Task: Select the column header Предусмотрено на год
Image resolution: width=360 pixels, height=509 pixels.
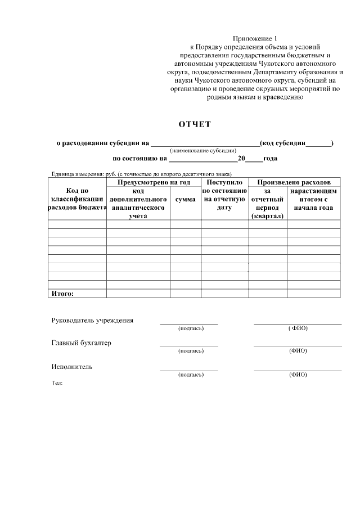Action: [x=154, y=183]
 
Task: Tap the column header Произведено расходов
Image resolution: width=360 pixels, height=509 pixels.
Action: [x=298, y=183]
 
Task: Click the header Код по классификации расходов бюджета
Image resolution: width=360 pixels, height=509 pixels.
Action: [x=77, y=199]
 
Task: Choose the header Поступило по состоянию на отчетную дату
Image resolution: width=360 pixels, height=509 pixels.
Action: [x=224, y=195]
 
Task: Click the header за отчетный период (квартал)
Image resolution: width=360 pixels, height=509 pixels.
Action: [x=267, y=204]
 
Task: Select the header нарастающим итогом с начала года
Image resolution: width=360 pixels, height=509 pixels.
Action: [x=313, y=199]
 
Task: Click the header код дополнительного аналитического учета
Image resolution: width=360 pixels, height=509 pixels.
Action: [x=138, y=204]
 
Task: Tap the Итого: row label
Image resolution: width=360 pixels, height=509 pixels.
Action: [x=62, y=293]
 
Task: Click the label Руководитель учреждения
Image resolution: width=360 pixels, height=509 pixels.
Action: [x=92, y=321]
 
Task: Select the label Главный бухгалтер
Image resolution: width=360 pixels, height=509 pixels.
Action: [x=81, y=344]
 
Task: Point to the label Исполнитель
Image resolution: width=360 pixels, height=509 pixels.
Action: [x=72, y=367]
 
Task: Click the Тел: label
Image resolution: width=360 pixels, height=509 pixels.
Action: [x=57, y=382]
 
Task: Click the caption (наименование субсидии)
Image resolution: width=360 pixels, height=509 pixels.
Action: [x=203, y=151]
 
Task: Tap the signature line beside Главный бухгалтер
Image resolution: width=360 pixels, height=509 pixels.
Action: [x=189, y=346]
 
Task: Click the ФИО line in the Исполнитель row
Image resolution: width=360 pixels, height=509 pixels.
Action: [x=298, y=370]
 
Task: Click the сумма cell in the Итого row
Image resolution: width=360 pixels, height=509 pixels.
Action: [x=186, y=293]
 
